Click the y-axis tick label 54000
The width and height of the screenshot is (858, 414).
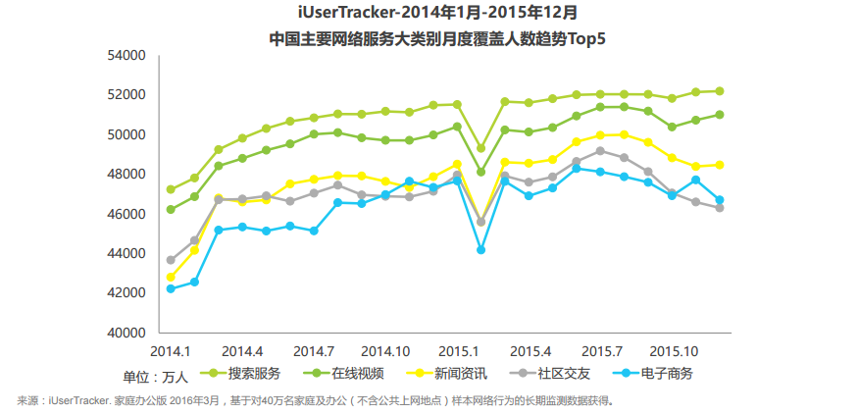coord(126,56)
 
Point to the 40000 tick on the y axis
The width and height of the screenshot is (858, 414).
coord(126,333)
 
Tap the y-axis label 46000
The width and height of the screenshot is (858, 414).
coord(126,214)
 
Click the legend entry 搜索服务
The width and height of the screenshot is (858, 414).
coord(254,374)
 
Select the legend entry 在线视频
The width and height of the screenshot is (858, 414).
coord(357,374)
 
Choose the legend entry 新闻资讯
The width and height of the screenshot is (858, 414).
coord(461,374)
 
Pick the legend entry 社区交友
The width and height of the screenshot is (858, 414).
coord(564,374)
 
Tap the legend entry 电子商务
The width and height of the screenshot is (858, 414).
coord(667,374)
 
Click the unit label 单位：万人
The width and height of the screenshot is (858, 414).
coord(155,376)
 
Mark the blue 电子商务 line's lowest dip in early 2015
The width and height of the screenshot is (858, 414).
coord(481,250)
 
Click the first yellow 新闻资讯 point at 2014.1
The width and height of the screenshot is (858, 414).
coord(171,278)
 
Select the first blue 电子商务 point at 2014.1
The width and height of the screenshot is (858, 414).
coord(171,288)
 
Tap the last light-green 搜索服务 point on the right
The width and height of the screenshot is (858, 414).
coord(720,91)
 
